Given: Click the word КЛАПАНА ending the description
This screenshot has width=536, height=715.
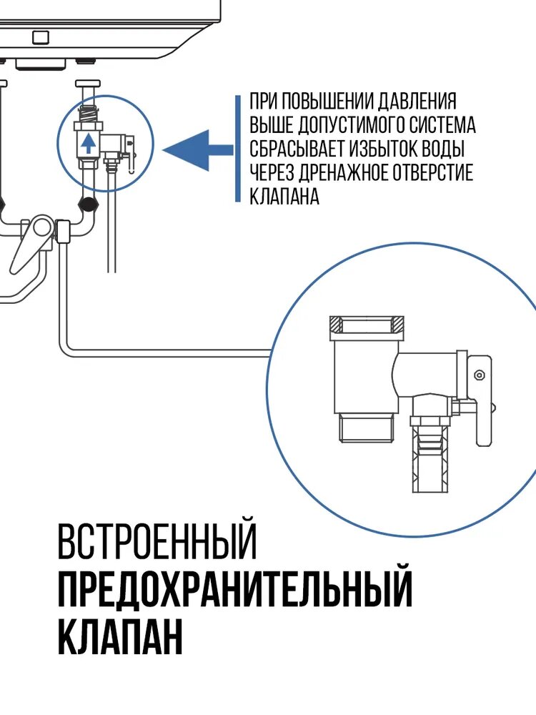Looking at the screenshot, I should (284, 197).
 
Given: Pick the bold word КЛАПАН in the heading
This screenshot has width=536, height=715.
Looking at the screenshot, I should (120, 637).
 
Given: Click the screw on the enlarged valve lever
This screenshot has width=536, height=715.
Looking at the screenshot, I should (478, 375).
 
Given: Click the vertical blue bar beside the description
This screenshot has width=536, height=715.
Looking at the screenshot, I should (238, 149).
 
